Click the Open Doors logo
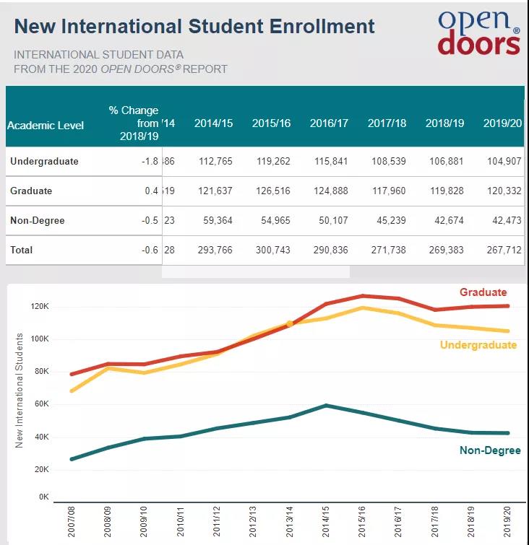pyautogui.click(x=478, y=32)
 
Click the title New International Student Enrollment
pyautogui.click(x=194, y=27)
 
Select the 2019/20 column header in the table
pyautogui.click(x=502, y=123)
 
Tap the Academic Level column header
pyautogui.click(x=46, y=125)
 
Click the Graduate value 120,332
pyautogui.click(x=502, y=191)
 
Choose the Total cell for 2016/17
pyautogui.click(x=329, y=250)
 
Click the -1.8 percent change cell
pyautogui.click(x=149, y=162)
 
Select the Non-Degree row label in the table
pyautogui.click(x=37, y=221)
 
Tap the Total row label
pyautogui.click(x=22, y=250)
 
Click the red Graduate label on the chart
pyautogui.click(x=483, y=292)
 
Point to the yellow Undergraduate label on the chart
pyautogui.click(x=478, y=345)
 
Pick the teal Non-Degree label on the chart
pyautogui.click(x=489, y=450)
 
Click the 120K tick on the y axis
pyautogui.click(x=39, y=306)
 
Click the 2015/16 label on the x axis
pyautogui.click(x=361, y=522)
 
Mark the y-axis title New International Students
pyautogui.click(x=20, y=390)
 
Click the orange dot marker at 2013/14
pyautogui.click(x=290, y=324)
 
